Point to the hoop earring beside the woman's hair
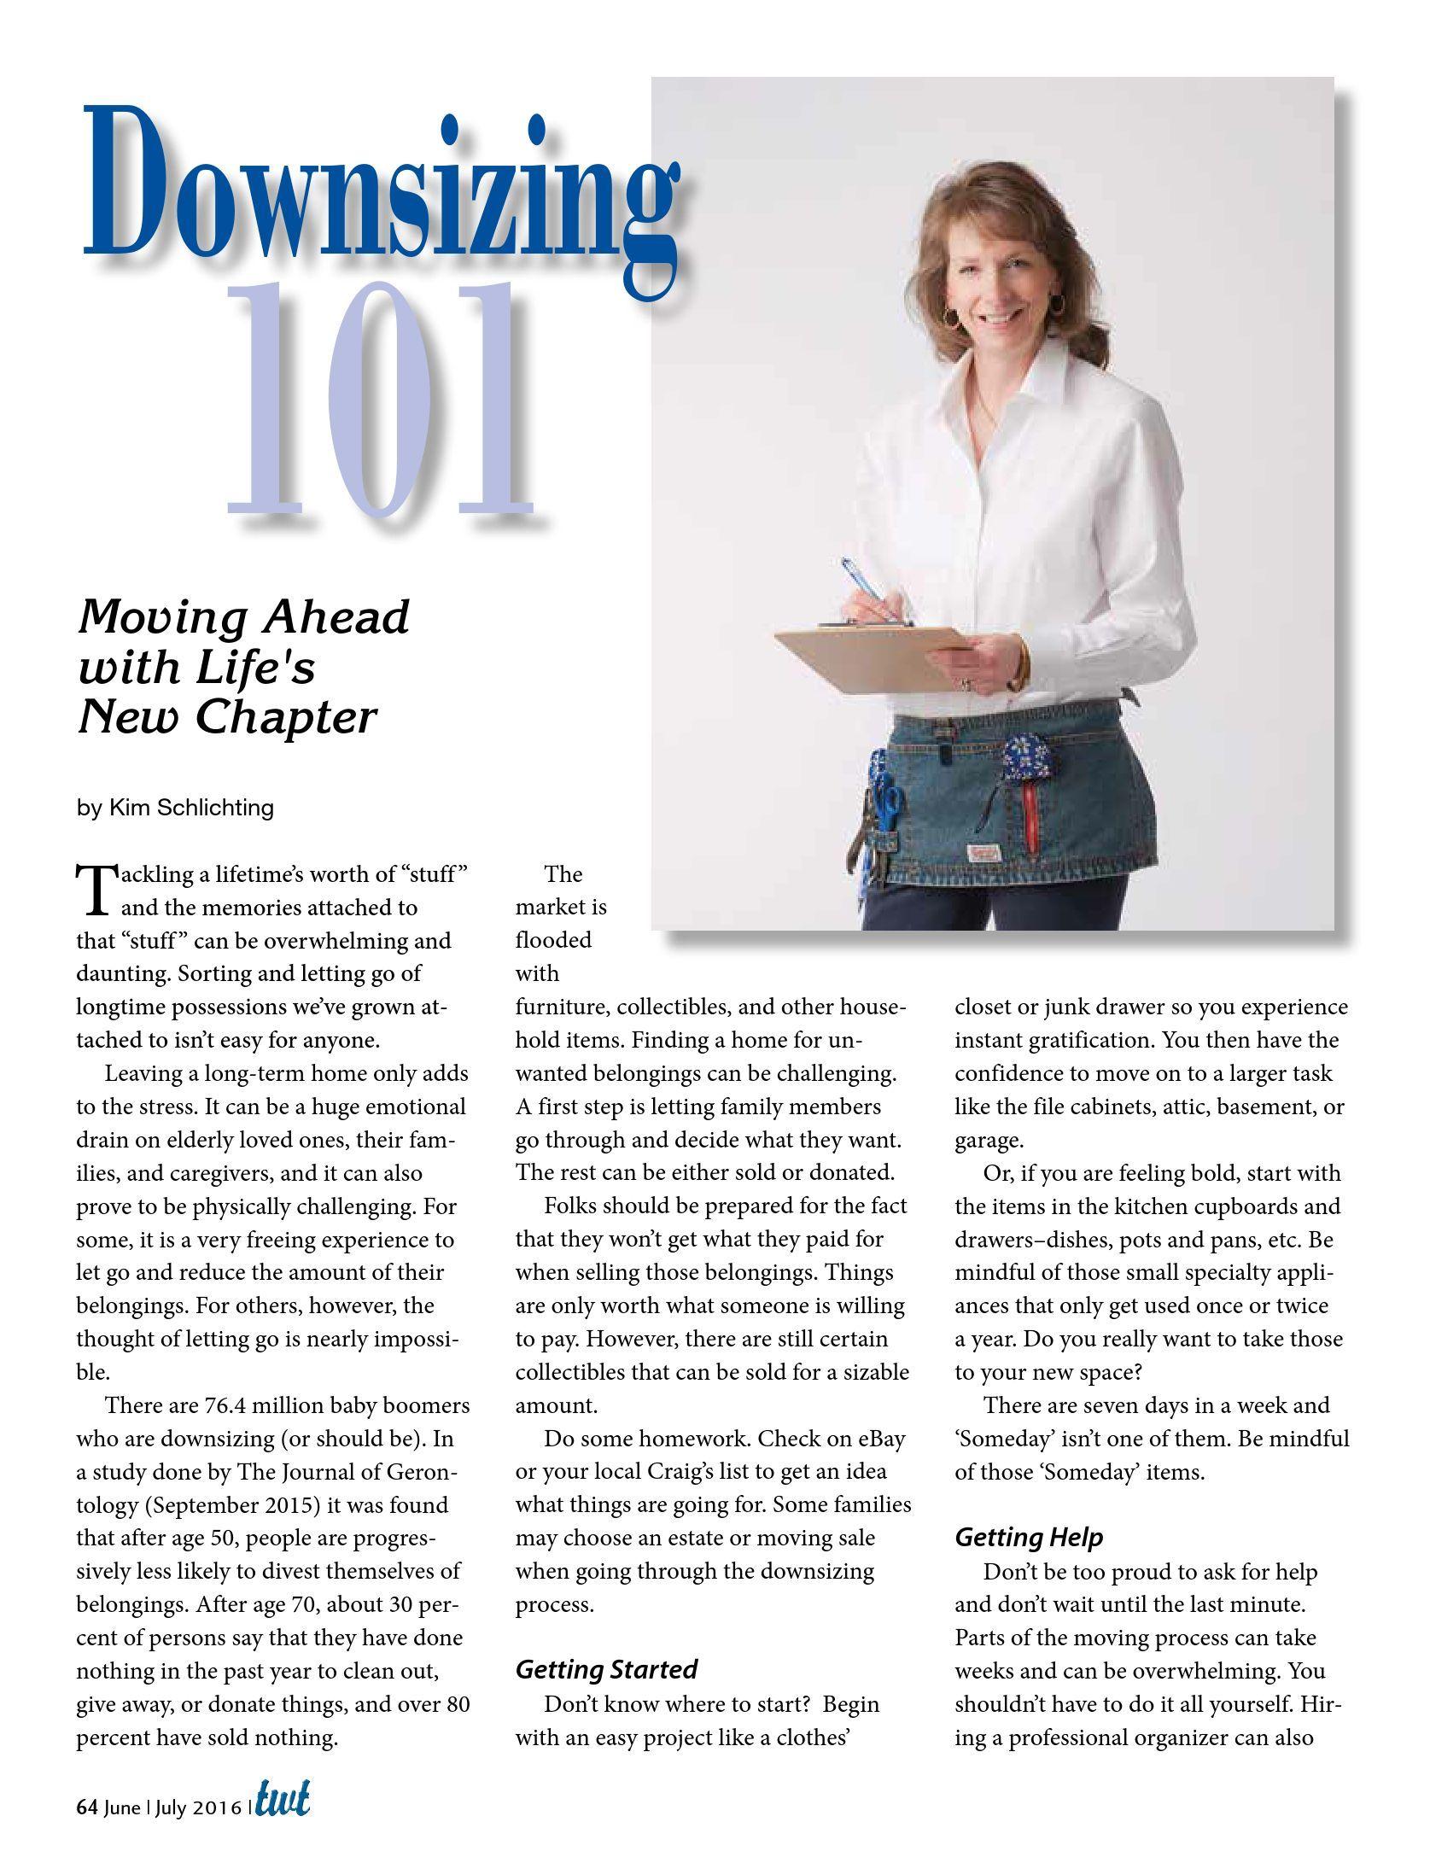click(x=950, y=316)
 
